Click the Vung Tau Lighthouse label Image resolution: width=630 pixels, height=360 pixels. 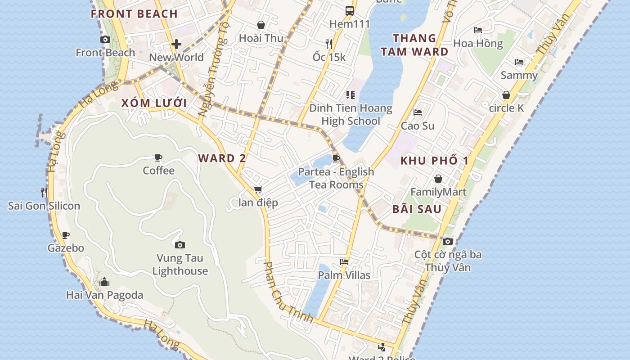[180, 265]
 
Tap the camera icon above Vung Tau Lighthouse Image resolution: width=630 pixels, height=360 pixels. [180, 245]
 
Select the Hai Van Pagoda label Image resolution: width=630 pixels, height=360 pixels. [104, 295]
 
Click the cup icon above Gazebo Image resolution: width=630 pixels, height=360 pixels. [66, 235]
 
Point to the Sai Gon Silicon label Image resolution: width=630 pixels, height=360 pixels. [44, 206]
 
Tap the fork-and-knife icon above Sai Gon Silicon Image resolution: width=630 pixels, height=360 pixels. [44, 193]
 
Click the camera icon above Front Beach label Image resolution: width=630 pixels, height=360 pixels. [105, 40]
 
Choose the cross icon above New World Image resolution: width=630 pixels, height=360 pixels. [176, 44]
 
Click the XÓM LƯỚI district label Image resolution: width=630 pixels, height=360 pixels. [154, 103]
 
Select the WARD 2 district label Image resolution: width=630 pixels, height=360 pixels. [222, 158]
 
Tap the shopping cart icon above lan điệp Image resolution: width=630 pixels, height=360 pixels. [258, 190]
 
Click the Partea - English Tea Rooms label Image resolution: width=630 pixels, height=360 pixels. [336, 178]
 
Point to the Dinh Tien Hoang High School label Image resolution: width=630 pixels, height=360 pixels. [351, 115]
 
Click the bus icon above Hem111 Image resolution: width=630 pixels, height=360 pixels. [350, 11]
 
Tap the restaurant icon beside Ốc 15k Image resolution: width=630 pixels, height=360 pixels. [329, 44]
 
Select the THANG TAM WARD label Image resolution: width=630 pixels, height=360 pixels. [414, 45]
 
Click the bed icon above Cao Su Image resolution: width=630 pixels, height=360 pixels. [418, 112]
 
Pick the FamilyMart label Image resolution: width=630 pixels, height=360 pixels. [438, 192]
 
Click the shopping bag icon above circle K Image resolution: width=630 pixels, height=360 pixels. [506, 95]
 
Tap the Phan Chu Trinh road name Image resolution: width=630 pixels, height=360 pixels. [288, 293]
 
